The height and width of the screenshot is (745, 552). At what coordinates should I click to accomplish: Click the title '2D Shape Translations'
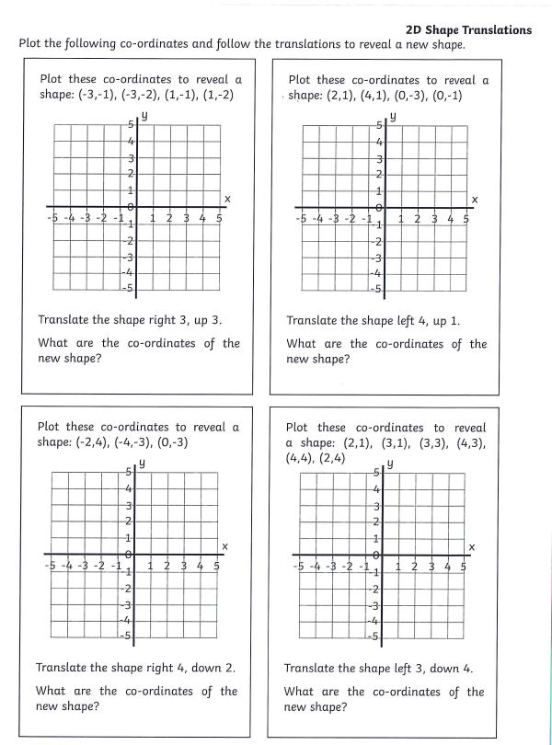pos(468,30)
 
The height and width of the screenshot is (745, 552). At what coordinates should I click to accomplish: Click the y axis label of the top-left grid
pos(145,116)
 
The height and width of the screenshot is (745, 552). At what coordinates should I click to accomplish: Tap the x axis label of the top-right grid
pos(475,200)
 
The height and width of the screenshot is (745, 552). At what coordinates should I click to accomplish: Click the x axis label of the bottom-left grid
pos(225,547)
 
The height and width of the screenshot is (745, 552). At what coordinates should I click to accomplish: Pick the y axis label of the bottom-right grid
pos(392,465)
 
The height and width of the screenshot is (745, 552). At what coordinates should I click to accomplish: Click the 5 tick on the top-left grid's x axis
pos(219,218)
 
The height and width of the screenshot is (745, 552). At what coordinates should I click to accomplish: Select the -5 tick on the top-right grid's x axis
pos(301,220)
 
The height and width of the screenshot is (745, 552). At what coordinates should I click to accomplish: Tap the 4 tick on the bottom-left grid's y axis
pos(130,488)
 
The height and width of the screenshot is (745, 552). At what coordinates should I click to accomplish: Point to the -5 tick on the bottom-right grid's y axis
pos(373,637)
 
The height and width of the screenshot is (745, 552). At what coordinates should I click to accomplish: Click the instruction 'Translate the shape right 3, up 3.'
pos(130,321)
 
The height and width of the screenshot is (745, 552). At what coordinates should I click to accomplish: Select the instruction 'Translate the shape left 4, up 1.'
pos(374,321)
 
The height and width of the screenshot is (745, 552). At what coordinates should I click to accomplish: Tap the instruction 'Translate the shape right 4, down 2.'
pos(135,669)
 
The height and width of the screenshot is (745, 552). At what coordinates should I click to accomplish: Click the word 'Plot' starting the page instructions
pos(33,45)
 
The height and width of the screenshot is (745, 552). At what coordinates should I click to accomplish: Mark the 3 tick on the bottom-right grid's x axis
pos(431,567)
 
